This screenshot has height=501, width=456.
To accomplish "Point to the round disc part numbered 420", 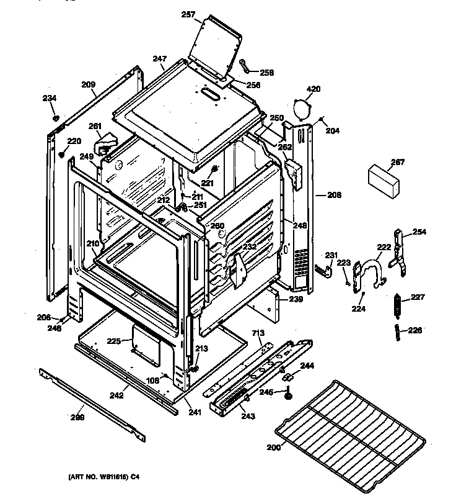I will (x=303, y=110).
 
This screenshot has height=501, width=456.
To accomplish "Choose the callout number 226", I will (x=414, y=330).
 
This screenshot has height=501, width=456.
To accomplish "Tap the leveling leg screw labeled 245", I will (x=289, y=394).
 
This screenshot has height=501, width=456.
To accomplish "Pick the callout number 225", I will (x=113, y=341).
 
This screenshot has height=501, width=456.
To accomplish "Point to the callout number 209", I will (x=88, y=84).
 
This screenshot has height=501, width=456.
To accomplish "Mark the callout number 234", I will (x=49, y=98).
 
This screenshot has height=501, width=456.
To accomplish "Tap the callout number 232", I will (x=249, y=246).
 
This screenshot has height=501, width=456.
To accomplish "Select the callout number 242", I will (x=117, y=394).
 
